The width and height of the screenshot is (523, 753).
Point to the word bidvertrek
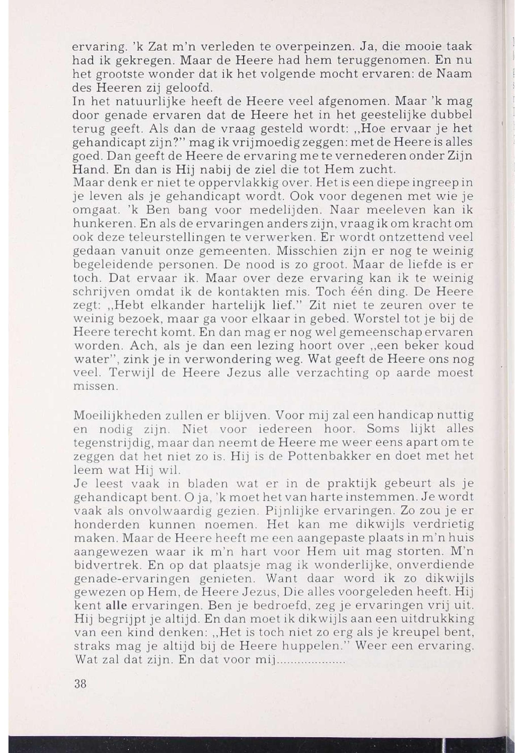click(x=106, y=565)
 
